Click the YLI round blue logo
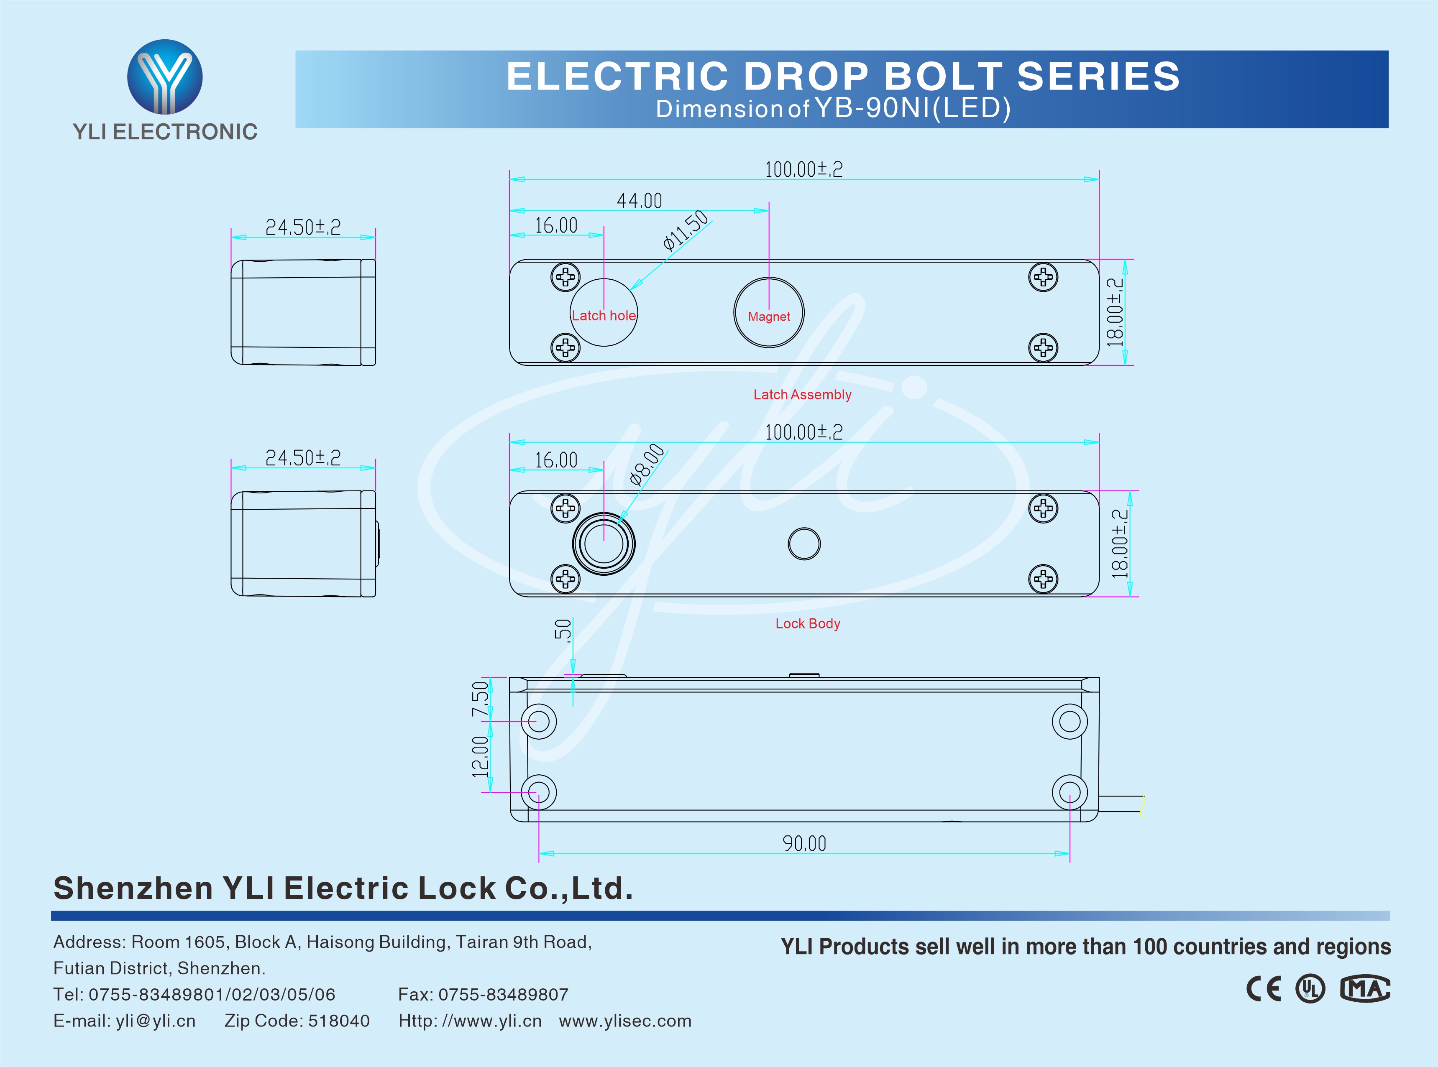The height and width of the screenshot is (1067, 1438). (165, 77)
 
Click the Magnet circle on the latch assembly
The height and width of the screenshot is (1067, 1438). (769, 313)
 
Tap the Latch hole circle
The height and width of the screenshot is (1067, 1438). (604, 313)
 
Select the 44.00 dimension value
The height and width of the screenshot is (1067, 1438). (639, 201)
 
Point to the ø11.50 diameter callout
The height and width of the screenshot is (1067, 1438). (686, 230)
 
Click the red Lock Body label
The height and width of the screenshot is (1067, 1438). (808, 623)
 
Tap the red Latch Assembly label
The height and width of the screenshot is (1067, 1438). (802, 395)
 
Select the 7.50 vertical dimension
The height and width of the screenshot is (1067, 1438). (480, 699)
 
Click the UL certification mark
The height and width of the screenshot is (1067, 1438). (1310, 989)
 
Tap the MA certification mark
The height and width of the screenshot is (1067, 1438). (1365, 989)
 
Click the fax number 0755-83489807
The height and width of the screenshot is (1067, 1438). (503, 994)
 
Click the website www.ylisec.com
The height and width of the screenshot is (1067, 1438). (625, 1021)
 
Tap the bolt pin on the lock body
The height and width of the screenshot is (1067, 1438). (604, 543)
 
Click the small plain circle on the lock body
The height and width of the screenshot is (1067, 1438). (804, 544)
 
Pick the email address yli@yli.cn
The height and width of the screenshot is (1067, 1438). (156, 1021)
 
